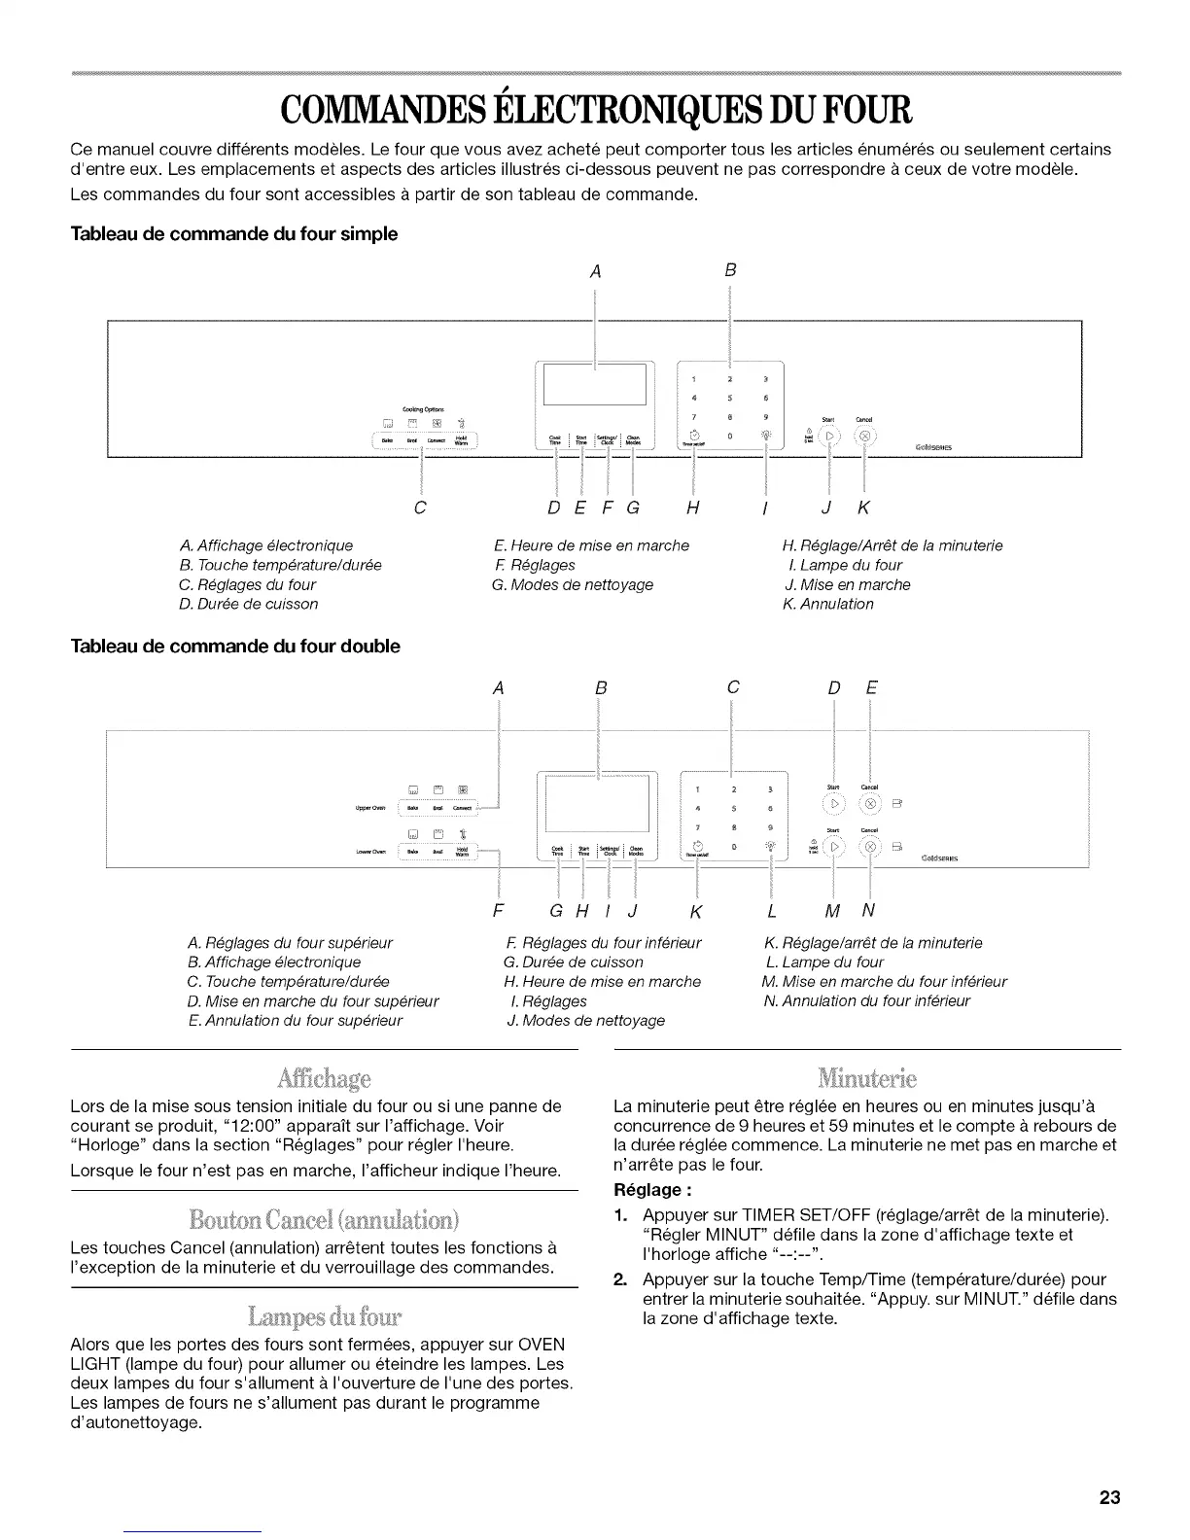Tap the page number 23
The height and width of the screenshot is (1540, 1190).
[x=1109, y=1497]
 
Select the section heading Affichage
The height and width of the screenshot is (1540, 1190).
[x=324, y=1078]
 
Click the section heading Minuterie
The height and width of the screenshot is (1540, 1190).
[x=867, y=1078]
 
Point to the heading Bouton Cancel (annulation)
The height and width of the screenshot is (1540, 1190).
[x=324, y=1219]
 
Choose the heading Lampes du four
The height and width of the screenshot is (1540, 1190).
[x=324, y=1317]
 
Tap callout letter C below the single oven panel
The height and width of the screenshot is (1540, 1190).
[x=420, y=508]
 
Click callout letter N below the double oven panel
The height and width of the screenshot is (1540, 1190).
[x=868, y=911]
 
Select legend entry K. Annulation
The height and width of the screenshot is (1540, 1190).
[x=828, y=604]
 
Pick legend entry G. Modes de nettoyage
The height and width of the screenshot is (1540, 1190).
[x=573, y=584]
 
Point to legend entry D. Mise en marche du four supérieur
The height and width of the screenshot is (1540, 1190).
[x=313, y=1000]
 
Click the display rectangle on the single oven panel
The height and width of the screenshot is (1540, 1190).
[x=594, y=384]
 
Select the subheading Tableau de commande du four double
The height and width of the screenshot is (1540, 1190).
[x=235, y=647]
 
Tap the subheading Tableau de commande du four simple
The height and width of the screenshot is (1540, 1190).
[x=234, y=234]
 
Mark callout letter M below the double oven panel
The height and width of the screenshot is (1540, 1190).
[x=832, y=911]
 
